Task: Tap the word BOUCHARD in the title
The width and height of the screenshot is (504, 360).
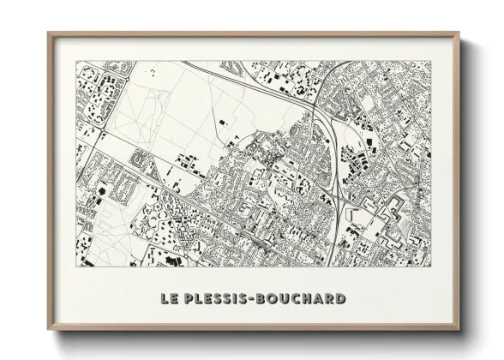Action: (301, 299)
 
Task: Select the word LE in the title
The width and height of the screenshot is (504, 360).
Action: (170, 299)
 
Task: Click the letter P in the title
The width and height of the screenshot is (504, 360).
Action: (190, 299)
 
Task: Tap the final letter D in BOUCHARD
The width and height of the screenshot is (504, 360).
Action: (340, 299)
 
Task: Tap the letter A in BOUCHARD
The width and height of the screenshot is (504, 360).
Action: (318, 299)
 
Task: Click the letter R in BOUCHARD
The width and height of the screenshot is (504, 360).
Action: (329, 299)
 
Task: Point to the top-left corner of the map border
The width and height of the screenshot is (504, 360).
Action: (77, 62)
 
